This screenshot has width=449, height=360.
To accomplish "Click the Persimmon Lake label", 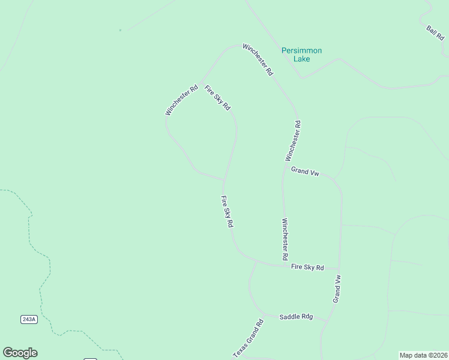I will [x=302, y=55].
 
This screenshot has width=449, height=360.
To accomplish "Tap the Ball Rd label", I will [x=435, y=33].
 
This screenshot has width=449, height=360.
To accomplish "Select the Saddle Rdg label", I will [x=297, y=316].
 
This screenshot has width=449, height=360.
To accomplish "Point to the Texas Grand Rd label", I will [x=248, y=339].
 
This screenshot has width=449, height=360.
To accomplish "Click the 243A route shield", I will [x=29, y=319].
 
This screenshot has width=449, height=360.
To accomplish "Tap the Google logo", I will [x=20, y=353].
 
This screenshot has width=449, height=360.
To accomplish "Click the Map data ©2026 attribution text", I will [x=423, y=355].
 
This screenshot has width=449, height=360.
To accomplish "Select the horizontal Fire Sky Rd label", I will [x=307, y=267].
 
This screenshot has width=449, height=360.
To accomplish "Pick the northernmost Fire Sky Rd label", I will [x=217, y=98].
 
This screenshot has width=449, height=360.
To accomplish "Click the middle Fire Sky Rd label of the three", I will [x=227, y=212].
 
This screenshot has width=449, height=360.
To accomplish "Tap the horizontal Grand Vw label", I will [x=305, y=172].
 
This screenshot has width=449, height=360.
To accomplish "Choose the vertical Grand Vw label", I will [x=338, y=289].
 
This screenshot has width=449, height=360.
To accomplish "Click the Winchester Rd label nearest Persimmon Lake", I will [x=258, y=59].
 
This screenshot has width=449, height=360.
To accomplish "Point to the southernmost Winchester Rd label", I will [x=285, y=239].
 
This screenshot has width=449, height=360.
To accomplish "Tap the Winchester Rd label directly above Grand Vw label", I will [x=293, y=140].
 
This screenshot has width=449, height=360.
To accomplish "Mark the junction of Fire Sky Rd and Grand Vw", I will [x=340, y=269].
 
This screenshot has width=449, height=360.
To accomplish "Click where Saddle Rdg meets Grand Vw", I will [x=328, y=320].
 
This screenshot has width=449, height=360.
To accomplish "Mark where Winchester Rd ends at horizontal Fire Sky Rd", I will [x=283, y=265].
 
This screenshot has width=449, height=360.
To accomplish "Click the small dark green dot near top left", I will [x=120, y=30].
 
